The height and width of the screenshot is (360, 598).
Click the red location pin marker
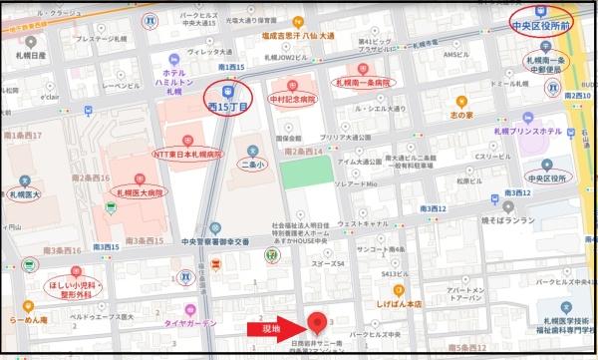(319, 322)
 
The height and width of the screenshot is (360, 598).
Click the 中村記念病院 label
(292, 100)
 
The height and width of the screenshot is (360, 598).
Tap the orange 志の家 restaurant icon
(460, 102)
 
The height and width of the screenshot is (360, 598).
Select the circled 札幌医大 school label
(23, 195)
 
